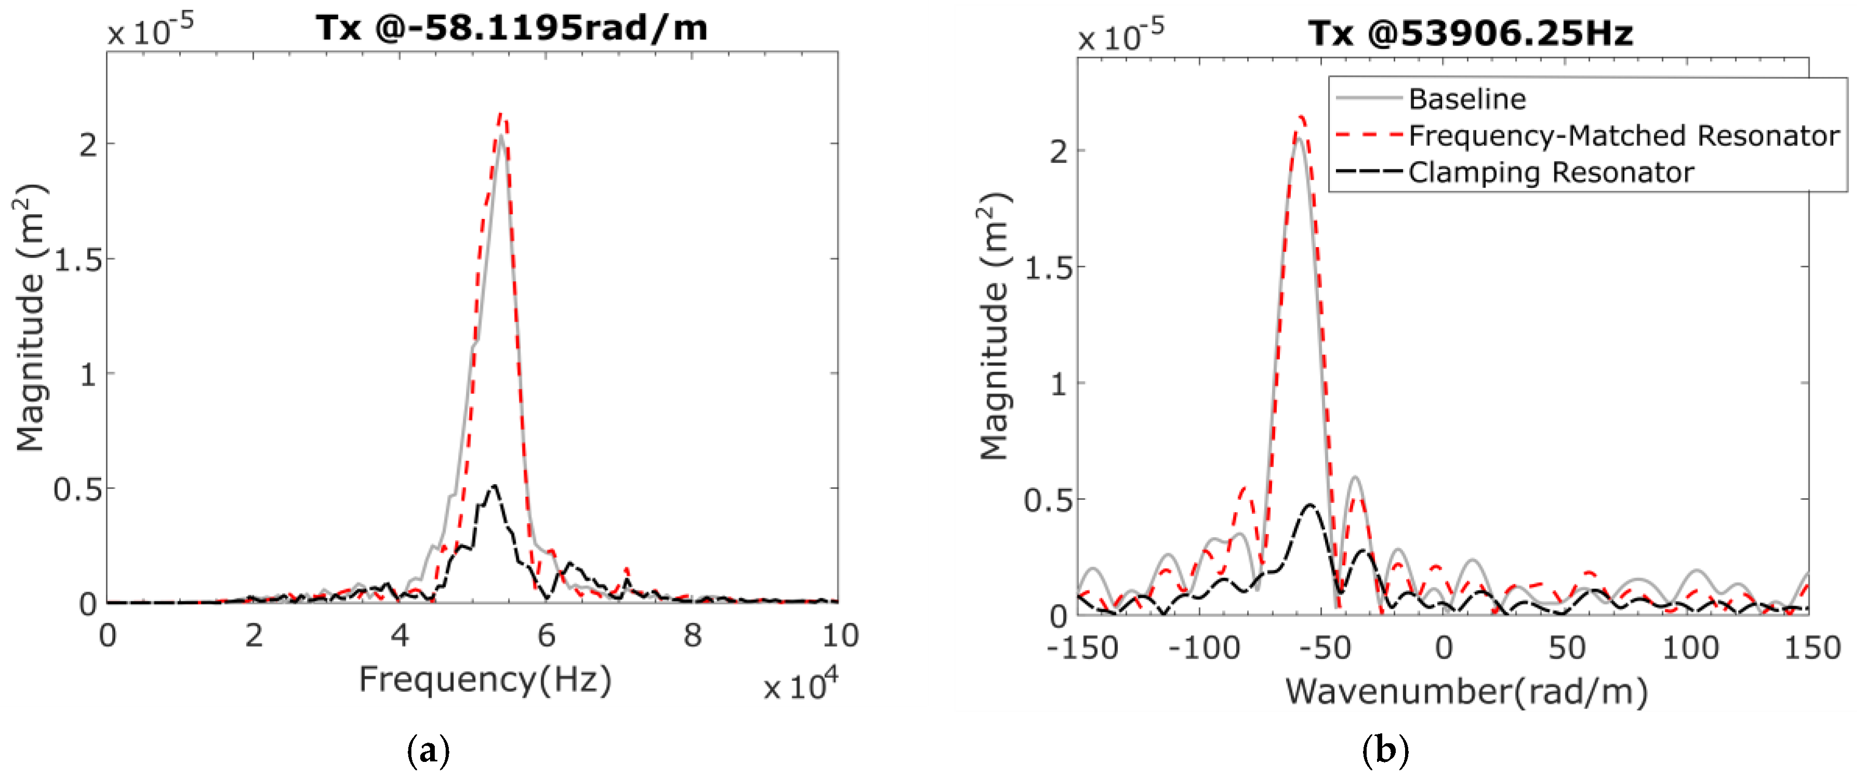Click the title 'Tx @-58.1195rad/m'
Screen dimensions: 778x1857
(512, 29)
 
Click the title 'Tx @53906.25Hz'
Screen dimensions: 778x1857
(1471, 33)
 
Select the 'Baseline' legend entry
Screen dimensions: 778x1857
(1467, 99)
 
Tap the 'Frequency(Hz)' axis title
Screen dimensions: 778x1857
(485, 679)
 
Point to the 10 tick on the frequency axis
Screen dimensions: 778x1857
(840, 635)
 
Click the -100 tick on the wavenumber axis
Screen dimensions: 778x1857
(1204, 648)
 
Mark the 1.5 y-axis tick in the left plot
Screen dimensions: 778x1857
(78, 261)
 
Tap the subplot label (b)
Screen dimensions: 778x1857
(1385, 750)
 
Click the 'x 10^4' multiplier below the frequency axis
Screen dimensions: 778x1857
(800, 686)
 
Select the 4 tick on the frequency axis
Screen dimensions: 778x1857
(400, 635)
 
